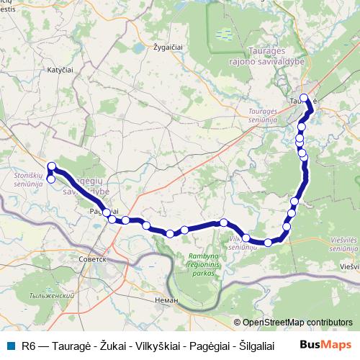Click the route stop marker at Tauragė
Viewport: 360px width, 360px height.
pos(305,99)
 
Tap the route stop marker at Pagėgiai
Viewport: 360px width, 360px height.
pos(107,212)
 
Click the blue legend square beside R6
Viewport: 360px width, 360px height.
pos(9,346)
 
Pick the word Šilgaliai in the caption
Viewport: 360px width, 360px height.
pos(246,346)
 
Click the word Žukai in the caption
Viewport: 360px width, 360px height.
pos(114,346)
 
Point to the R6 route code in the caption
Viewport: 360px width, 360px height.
pos(29,346)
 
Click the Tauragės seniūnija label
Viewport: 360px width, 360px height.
pos(267,116)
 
